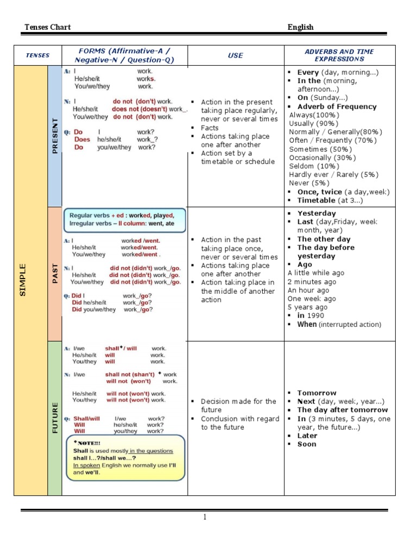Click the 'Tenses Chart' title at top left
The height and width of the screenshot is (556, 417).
[48, 27]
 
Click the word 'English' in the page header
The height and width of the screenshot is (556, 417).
[300, 27]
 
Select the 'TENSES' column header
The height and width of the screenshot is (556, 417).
[38, 55]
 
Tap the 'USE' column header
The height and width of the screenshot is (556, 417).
[236, 55]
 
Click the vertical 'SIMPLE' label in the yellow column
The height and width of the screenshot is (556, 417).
[23, 280]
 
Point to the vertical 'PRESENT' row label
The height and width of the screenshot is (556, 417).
[55, 136]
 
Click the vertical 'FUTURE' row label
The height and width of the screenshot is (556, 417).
[55, 418]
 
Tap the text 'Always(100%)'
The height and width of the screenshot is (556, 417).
[314, 115]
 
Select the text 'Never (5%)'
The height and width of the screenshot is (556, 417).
[307, 184]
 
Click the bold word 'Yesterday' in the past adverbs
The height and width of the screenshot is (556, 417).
[317, 213]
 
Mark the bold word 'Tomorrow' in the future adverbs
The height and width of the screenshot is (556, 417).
[317, 393]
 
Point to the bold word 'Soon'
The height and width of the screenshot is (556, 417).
[307, 444]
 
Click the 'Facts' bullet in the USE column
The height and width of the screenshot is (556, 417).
[210, 128]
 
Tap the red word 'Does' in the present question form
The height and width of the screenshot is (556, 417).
[83, 140]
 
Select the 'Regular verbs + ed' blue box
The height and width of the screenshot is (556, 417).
[125, 220]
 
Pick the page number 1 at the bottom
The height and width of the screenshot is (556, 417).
[205, 517]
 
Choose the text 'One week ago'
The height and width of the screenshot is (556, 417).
[312, 299]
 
